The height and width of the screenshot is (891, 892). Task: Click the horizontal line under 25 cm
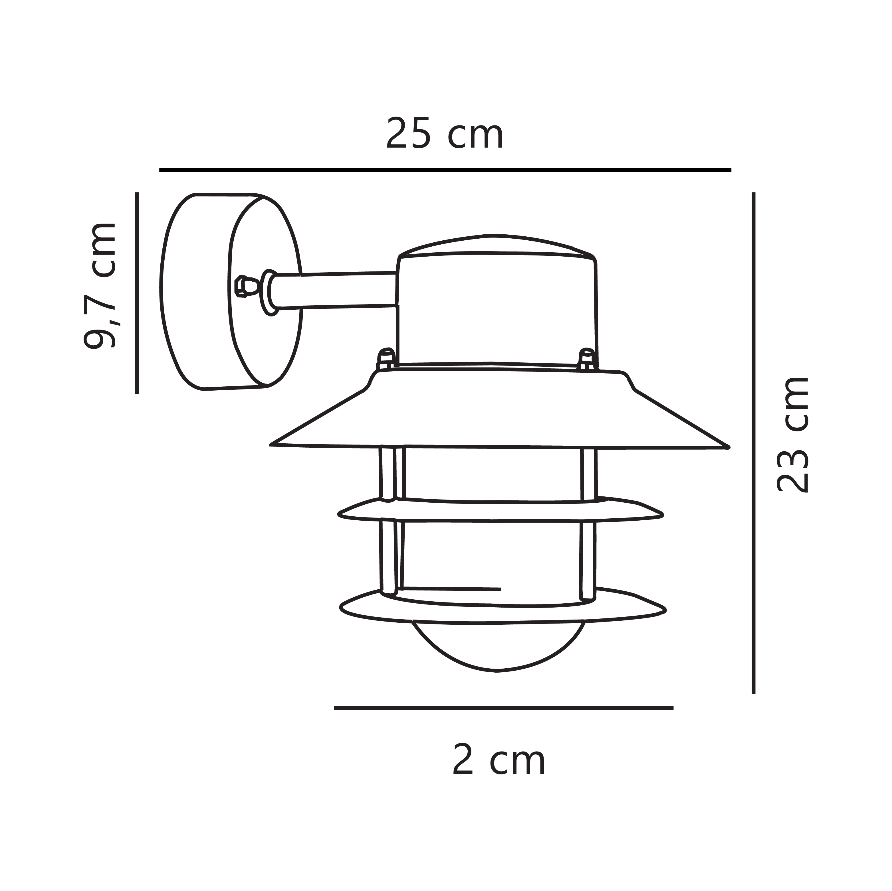pos(445,170)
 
